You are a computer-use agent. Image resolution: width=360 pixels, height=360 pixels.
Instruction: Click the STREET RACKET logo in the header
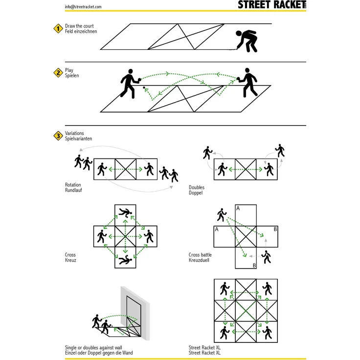point(270,5)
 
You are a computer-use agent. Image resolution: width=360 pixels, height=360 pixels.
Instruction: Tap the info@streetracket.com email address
point(83,6)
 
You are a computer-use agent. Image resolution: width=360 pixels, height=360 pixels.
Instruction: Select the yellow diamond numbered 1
point(58,28)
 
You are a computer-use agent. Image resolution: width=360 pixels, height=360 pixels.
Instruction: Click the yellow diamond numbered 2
point(58,73)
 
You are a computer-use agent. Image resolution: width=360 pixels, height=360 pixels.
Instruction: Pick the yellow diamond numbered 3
point(58,135)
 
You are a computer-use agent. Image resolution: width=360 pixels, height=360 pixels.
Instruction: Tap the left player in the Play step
point(129,84)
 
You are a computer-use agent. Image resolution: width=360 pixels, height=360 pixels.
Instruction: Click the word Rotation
point(73,185)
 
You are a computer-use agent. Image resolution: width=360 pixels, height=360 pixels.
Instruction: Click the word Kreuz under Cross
point(70,260)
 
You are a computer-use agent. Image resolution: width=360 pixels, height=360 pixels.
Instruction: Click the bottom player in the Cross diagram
point(125,260)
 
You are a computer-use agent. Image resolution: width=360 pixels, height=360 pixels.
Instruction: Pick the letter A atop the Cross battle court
point(238,208)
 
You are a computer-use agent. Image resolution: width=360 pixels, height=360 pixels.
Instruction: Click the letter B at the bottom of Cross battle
point(253,265)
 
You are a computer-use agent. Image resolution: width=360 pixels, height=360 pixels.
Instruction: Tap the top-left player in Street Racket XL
point(225,289)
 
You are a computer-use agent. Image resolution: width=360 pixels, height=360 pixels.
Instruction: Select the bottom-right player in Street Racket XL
point(267,333)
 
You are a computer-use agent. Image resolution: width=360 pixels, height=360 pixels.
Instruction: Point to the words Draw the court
point(79,26)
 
